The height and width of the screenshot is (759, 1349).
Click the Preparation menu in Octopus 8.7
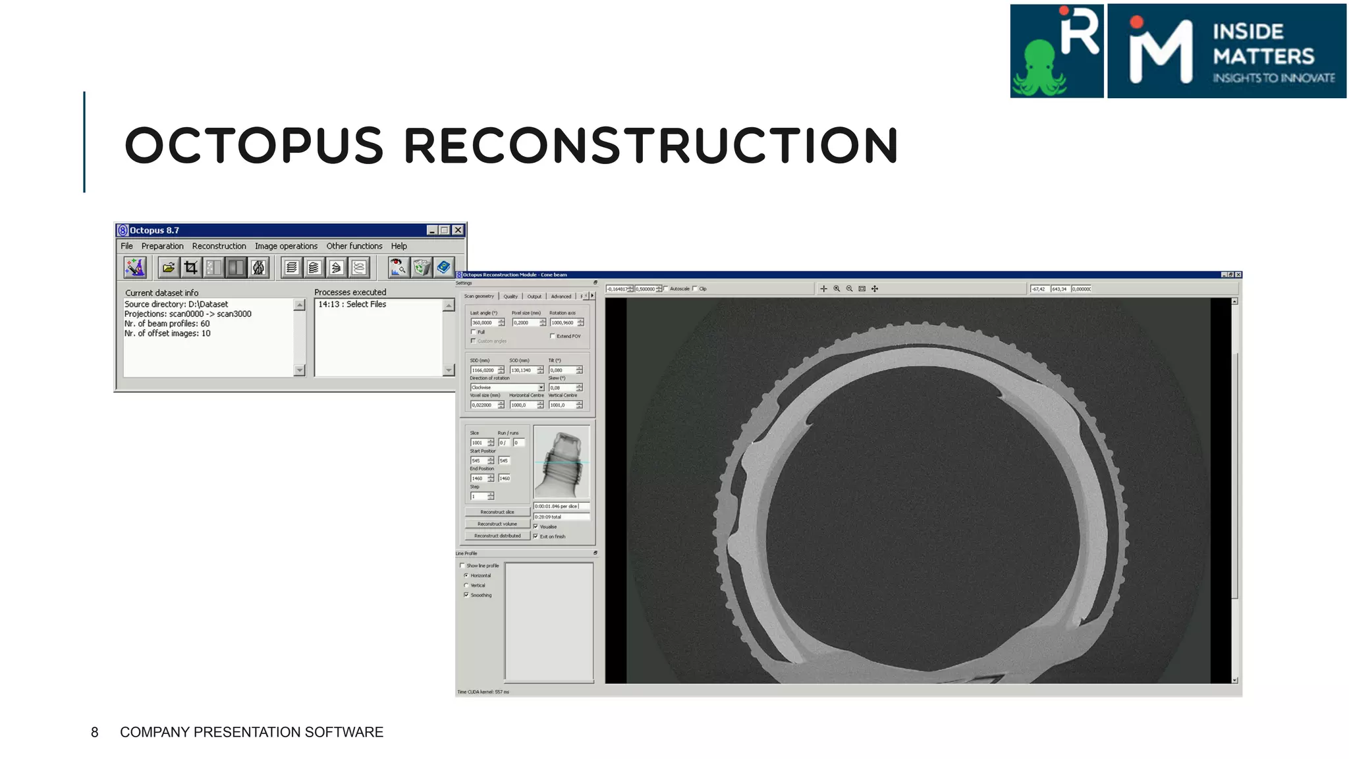pos(162,246)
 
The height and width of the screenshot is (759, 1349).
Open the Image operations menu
pos(286,246)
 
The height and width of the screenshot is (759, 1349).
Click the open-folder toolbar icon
pos(169,267)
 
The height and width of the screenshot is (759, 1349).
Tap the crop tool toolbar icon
pos(191,267)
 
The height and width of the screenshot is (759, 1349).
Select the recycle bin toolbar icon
pos(421,267)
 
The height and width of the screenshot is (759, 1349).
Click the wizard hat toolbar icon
pos(135,267)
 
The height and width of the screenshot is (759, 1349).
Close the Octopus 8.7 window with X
pos(458,230)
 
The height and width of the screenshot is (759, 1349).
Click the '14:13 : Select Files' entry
pos(352,304)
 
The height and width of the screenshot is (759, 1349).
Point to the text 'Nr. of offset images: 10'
pos(167,333)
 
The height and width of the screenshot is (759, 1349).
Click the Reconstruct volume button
pos(497,524)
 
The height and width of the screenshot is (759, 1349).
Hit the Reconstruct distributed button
pos(497,536)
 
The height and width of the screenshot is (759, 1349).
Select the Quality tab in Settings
pos(510,296)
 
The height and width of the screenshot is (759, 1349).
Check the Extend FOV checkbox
pos(553,336)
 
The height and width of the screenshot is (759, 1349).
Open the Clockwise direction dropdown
pos(541,387)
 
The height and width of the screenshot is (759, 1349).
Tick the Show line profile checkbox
pos(462,565)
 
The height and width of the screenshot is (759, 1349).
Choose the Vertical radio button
pos(466,585)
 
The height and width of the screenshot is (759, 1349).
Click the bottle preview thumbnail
pos(561,463)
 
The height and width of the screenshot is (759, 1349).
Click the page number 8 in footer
pos(95,732)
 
